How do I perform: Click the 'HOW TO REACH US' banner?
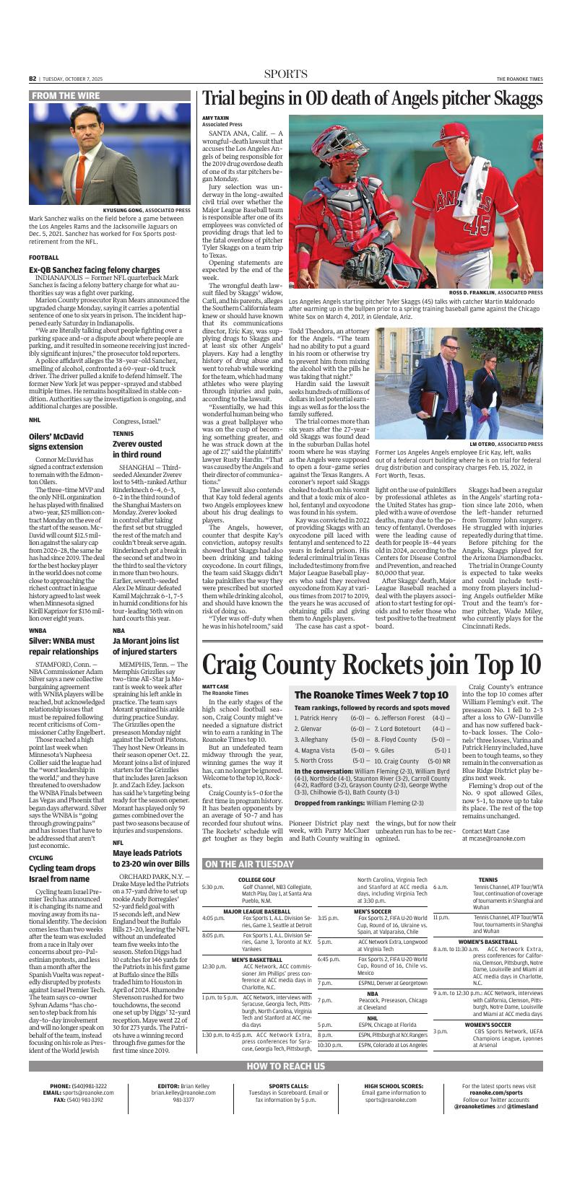(x=285, y=1066)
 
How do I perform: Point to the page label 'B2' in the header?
(x=32, y=79)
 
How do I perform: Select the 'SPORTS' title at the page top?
(x=285, y=74)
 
